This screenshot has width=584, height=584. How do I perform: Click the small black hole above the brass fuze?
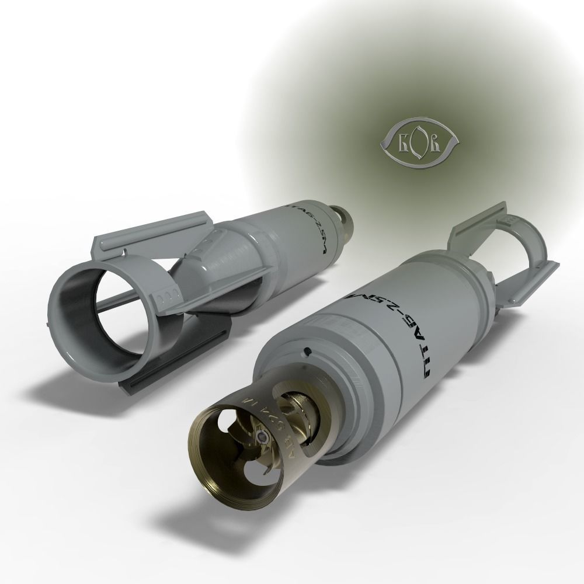(305, 351)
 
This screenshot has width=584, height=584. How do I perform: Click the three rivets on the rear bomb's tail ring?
(166, 296)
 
